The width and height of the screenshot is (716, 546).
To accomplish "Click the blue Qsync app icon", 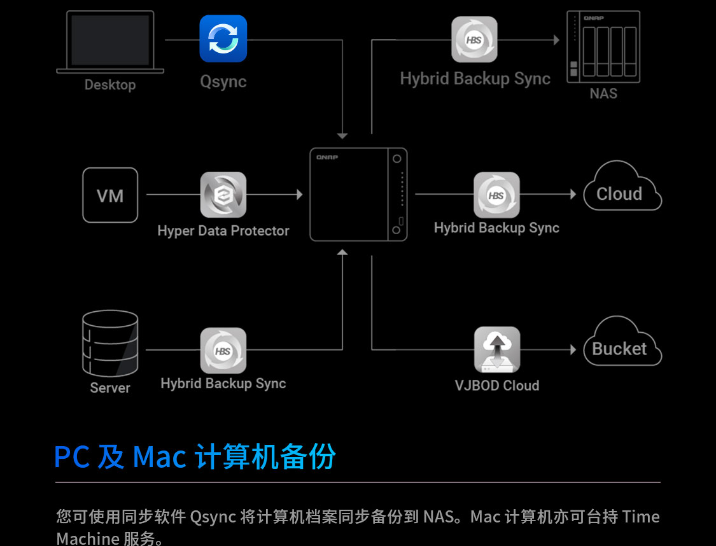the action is tap(223, 39).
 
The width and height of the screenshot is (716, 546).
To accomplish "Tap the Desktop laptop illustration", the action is tap(110, 42).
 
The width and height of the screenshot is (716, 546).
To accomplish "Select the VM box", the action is tap(110, 195).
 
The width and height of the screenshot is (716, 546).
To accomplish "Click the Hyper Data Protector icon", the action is tap(223, 195).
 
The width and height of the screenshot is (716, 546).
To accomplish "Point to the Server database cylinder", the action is tap(110, 343).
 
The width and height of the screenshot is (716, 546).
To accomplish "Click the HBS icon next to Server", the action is tap(223, 351).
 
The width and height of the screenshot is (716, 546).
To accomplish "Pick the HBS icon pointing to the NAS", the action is tap(474, 39).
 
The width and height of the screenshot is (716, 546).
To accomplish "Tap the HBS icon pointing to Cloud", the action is tap(496, 195).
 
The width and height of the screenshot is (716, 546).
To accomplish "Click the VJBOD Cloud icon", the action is tap(497, 350).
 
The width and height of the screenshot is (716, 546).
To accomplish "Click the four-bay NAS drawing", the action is tap(603, 46).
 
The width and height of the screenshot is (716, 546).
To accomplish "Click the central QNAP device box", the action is tap(358, 194).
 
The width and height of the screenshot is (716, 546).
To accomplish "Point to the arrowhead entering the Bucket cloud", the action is tap(573, 350).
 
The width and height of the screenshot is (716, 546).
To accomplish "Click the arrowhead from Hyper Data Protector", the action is tap(300, 195).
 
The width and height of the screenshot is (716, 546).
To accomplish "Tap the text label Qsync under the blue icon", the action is tap(223, 81).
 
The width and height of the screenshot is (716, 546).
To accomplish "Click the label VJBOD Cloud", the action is tap(497, 385).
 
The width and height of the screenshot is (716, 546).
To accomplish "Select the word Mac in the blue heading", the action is tap(159, 456).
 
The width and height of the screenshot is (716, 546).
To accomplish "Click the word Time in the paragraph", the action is tap(641, 517).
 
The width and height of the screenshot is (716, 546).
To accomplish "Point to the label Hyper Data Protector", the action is tap(223, 231).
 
